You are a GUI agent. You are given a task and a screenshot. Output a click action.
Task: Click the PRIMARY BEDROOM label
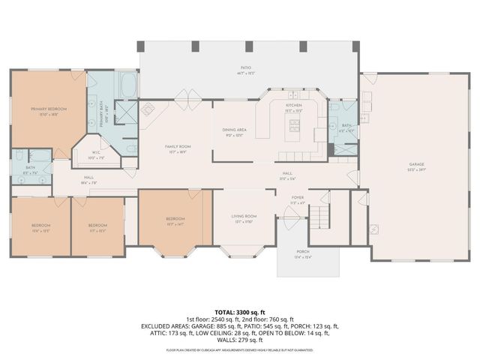49,109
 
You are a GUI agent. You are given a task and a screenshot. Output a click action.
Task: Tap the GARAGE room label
417,163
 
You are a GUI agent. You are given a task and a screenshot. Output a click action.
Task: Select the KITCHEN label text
293,106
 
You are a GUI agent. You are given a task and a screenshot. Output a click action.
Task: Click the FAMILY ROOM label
178,146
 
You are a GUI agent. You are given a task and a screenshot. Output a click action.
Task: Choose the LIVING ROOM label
245,217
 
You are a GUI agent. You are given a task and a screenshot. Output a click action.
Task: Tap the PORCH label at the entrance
303,252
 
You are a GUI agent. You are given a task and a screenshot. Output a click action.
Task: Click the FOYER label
298,198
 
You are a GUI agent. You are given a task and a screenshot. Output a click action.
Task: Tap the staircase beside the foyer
320,218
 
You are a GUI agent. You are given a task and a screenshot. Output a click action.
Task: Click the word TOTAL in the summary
227,311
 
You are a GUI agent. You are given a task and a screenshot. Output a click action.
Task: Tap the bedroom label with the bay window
174,218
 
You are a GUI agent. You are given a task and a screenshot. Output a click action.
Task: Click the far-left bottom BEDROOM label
40,226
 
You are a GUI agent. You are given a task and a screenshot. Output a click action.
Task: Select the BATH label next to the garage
346,125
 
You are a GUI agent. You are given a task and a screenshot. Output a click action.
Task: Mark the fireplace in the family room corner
148,107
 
